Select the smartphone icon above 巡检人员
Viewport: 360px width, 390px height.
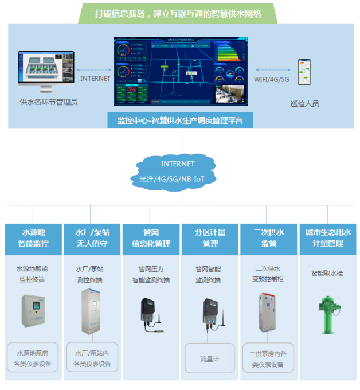coord(303,73)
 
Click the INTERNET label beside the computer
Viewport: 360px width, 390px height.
coord(95,79)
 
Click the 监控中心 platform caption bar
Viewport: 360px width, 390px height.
coord(180,120)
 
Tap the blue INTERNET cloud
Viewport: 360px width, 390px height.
coord(178,171)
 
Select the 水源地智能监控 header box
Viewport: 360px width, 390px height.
coord(33,238)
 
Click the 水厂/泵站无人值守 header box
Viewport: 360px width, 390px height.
coord(92,238)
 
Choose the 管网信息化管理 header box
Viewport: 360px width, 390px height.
coord(151,238)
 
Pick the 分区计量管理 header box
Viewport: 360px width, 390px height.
coord(210,238)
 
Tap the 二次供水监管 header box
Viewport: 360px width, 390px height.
coord(269,238)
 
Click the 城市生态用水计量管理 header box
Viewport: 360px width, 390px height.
coord(327,238)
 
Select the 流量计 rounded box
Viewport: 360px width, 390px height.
coord(210,359)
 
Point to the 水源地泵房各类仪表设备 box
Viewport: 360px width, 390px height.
coord(33,358)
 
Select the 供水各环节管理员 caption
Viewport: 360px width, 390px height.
coord(48,103)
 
